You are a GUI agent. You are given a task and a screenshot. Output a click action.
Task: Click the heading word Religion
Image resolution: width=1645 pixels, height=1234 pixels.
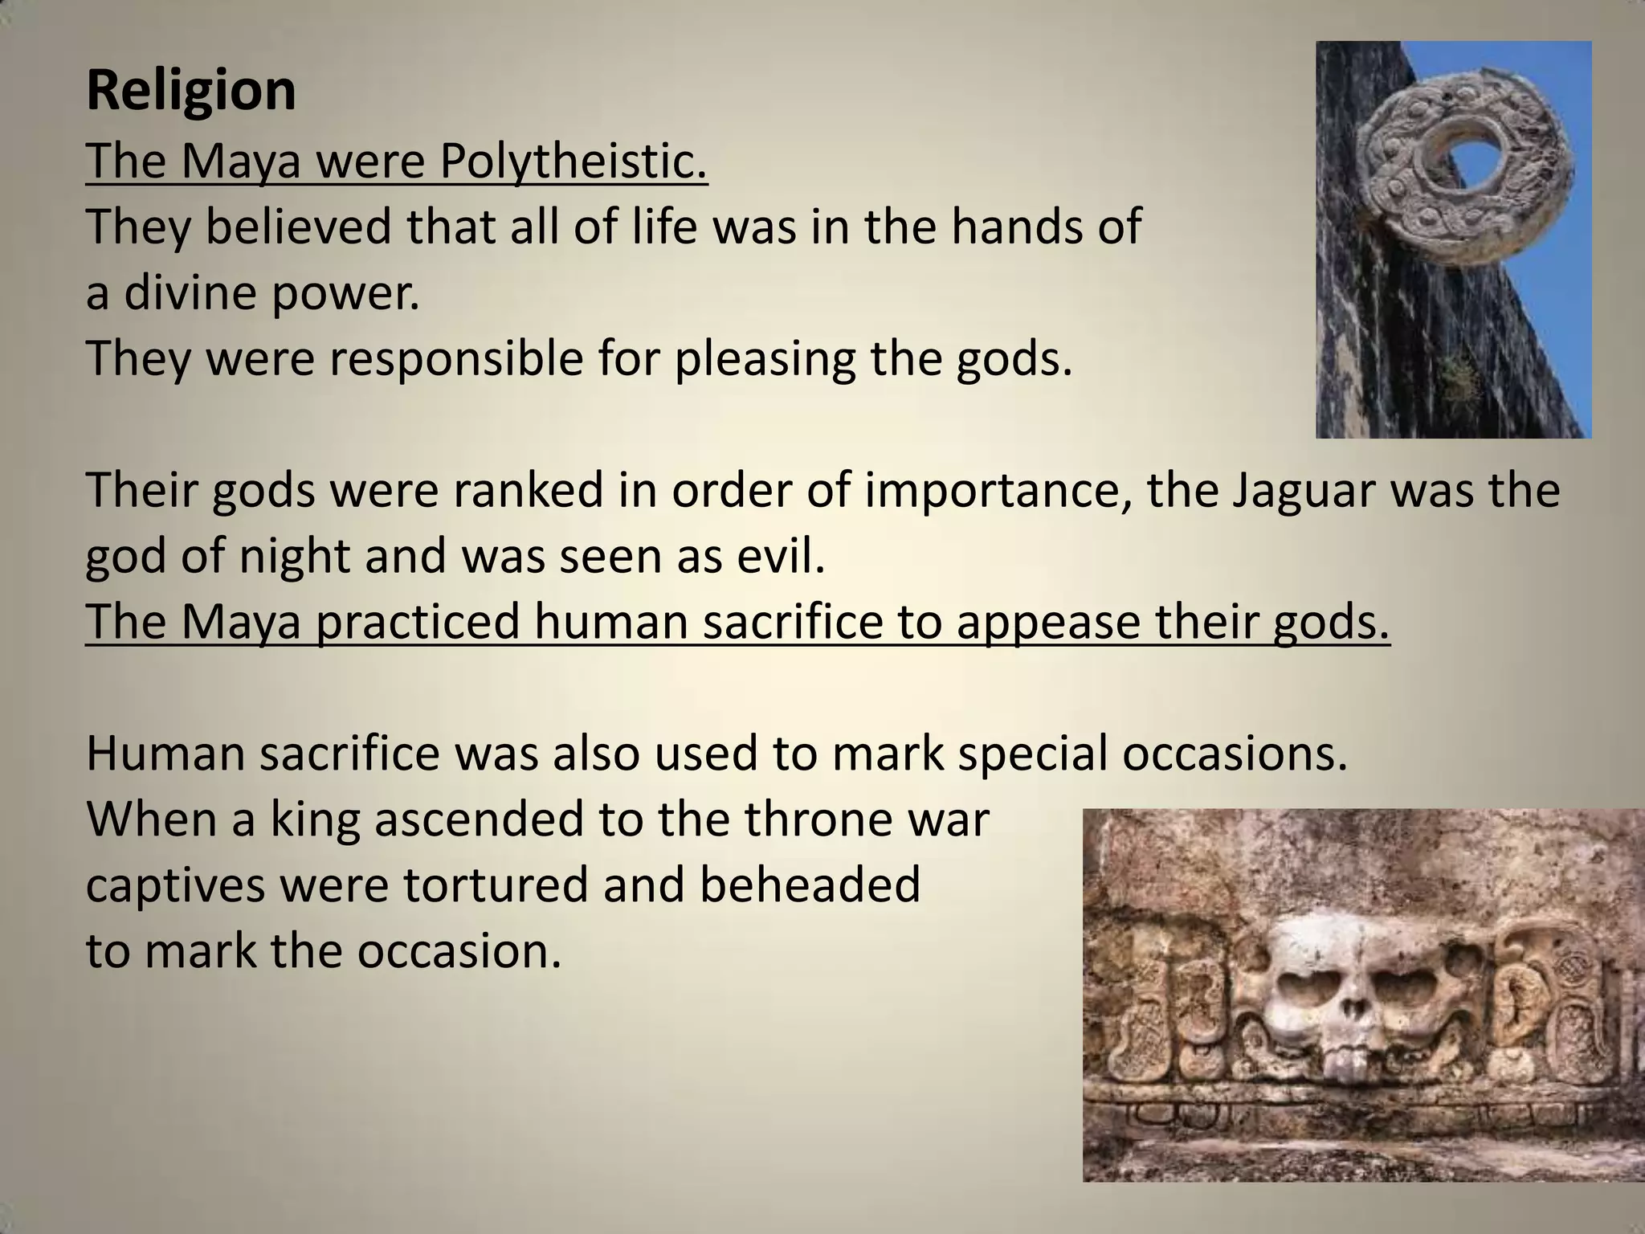coord(191,92)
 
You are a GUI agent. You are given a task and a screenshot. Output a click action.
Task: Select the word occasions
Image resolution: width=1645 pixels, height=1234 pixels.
coord(1234,754)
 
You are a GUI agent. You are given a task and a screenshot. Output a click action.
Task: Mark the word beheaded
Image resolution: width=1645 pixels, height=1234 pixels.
coord(810,885)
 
